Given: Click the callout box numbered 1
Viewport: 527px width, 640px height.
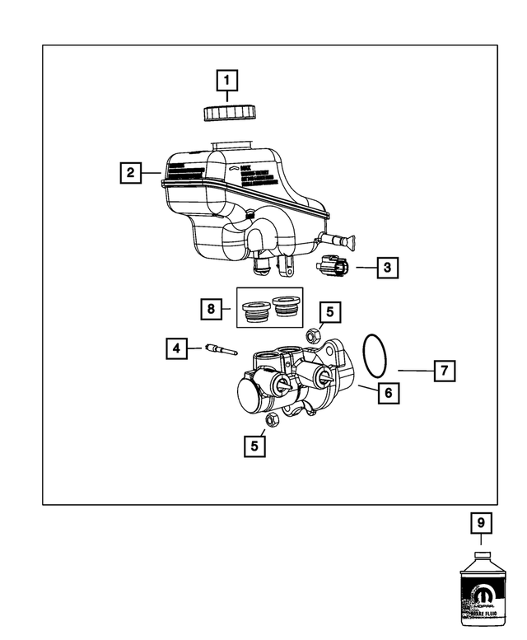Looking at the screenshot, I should (x=227, y=81).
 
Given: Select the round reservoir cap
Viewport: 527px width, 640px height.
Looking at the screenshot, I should (x=227, y=112).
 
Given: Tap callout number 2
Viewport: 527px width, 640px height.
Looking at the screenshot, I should (x=128, y=173).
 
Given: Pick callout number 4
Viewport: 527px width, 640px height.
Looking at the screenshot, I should (x=174, y=348).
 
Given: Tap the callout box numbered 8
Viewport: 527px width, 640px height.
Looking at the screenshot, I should (x=212, y=309).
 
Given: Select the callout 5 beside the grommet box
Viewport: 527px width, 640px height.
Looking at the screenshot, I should (x=330, y=311).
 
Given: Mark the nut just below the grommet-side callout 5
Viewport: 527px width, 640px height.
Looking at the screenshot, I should (x=313, y=336).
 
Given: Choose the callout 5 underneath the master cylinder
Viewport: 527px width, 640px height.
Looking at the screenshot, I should (x=254, y=446).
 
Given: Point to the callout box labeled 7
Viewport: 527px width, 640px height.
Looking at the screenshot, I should (x=444, y=371).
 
